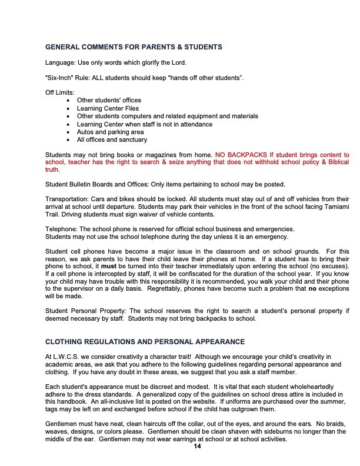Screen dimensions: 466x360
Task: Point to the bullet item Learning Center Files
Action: coord(108,108)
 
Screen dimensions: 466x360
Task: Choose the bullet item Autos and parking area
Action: coord(111,132)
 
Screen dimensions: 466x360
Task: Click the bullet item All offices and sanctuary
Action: coord(112,139)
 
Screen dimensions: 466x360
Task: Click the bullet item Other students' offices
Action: coord(109,101)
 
